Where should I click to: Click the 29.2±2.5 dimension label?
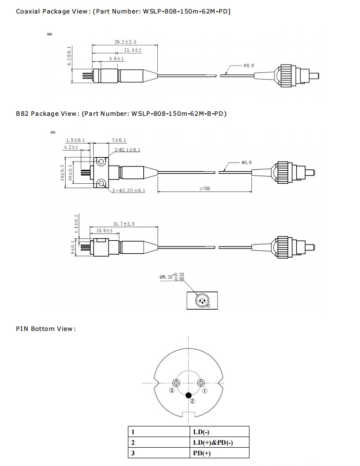click(125, 42)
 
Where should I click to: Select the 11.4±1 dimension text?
click(132, 50)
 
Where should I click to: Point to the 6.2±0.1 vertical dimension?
click(69, 56)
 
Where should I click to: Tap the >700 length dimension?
click(205, 189)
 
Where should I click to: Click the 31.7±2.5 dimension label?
click(124, 224)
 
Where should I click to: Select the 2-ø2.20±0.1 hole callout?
click(128, 191)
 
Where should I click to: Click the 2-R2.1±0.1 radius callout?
click(127, 150)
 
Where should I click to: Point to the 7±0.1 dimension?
click(119, 140)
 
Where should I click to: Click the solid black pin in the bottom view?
click(188, 395)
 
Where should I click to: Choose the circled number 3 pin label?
click(171, 390)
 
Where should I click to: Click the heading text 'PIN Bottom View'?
click(46, 329)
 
